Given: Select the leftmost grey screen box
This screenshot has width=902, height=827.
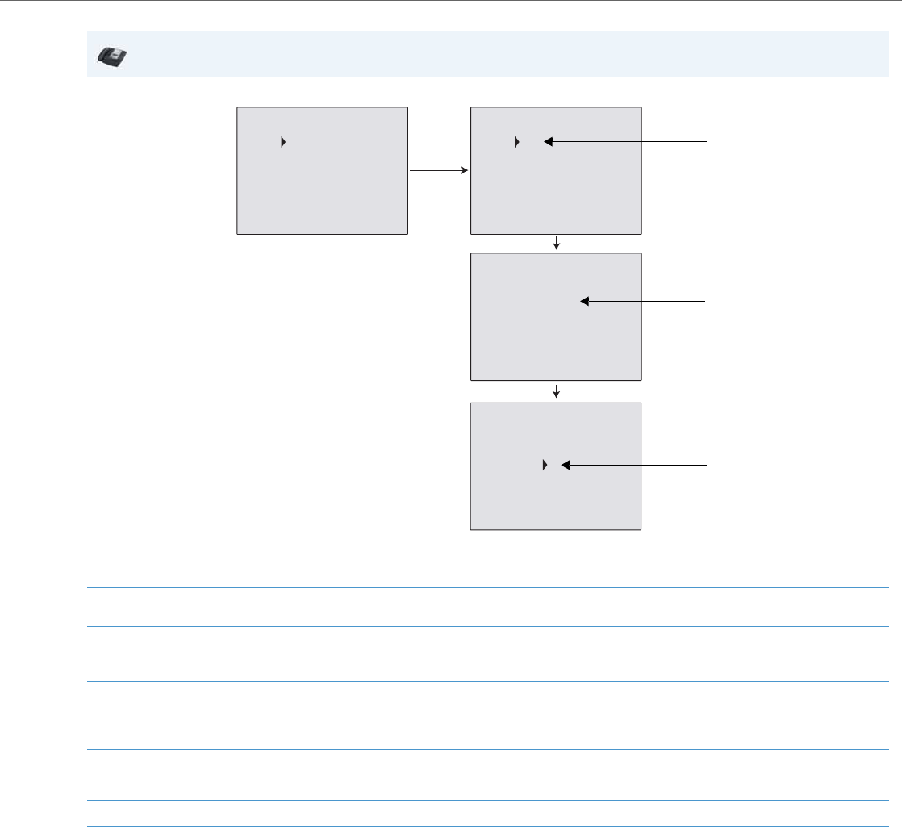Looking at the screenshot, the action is tap(322, 170).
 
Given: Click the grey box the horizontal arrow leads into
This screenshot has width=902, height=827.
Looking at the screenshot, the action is tap(556, 170).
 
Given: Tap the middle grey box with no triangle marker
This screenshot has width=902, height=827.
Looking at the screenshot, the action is tap(556, 316).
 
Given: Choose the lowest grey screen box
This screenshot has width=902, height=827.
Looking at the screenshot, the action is tap(556, 466).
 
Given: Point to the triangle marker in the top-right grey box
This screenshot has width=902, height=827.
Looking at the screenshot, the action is tap(517, 142).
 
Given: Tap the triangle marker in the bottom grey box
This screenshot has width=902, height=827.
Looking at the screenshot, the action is tap(545, 466).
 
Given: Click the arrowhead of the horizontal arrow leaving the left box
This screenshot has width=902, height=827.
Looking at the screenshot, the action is tap(466, 171).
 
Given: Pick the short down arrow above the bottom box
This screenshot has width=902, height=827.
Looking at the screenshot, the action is tap(557, 393).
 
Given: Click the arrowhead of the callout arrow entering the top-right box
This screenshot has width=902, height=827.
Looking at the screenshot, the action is tap(547, 142).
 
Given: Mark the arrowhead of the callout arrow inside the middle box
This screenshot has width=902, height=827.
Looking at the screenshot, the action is tap(585, 301).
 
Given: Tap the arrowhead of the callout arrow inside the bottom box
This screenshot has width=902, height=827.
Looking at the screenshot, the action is tap(565, 466).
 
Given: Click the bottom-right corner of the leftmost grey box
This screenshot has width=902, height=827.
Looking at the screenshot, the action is tap(407, 234).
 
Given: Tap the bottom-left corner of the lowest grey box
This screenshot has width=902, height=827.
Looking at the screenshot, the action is tap(471, 529).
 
